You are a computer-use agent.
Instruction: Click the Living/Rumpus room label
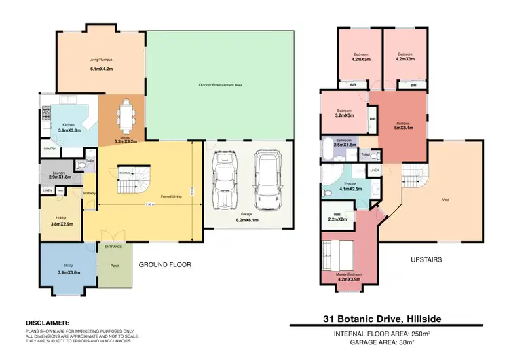100,60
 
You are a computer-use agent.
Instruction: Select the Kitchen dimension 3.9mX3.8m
69,130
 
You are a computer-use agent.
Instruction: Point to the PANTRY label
50,149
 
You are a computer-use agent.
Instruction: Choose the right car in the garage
265,180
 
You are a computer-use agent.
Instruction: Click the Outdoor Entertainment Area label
221,85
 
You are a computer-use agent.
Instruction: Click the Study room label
69,266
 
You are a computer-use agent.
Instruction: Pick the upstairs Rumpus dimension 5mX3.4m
405,128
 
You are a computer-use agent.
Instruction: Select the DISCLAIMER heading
47,323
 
